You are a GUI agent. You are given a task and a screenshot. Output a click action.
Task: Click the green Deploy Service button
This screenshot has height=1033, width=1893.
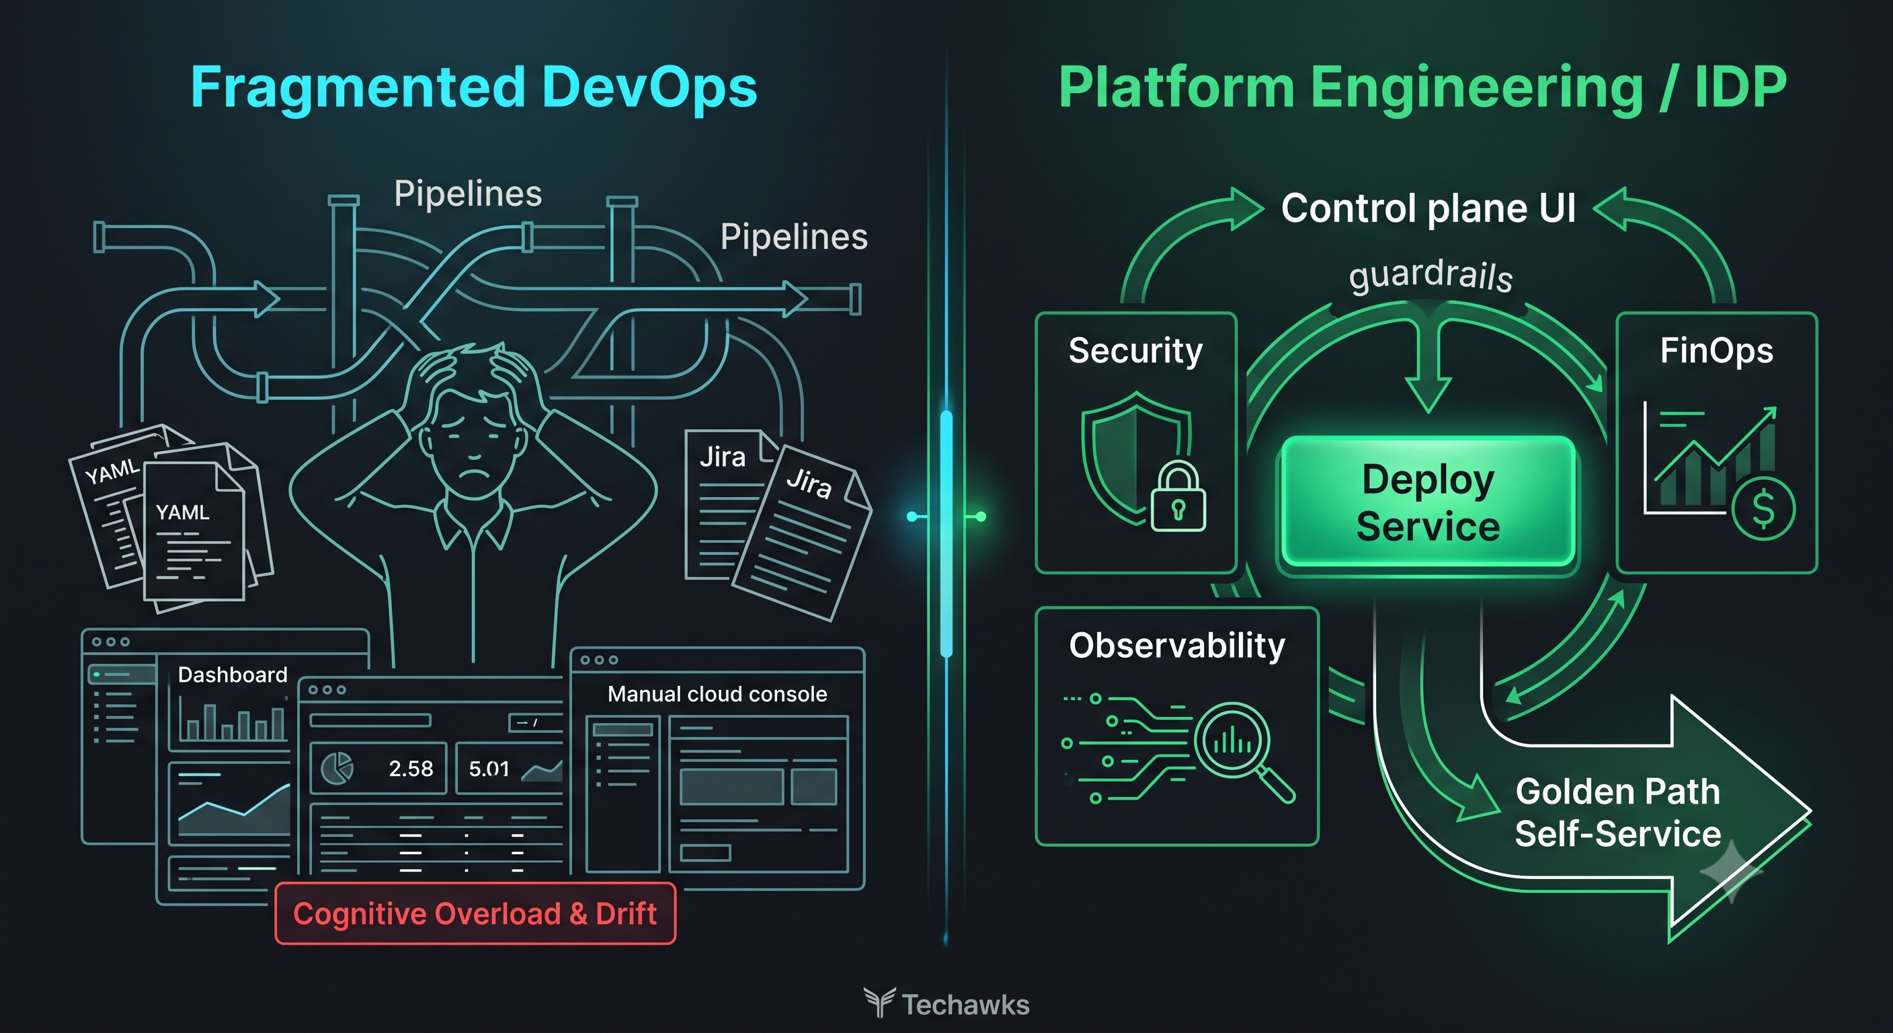(x=1428, y=502)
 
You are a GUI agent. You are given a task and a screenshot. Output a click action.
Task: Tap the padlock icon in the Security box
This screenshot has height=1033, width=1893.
(x=1178, y=497)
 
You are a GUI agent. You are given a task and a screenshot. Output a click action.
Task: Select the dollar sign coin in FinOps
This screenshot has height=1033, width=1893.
(x=1763, y=508)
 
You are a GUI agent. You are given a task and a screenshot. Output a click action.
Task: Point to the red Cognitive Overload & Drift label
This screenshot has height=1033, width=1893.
(x=475, y=913)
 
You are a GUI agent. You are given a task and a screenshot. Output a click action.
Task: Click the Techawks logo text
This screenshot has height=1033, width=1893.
(x=965, y=1004)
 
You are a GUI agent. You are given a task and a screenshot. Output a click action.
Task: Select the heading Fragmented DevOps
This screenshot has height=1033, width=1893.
(x=474, y=87)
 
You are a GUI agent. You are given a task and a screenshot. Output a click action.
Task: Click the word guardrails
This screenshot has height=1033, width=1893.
(x=1431, y=276)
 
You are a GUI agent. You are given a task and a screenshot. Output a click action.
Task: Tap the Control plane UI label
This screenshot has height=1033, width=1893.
(x=1428, y=207)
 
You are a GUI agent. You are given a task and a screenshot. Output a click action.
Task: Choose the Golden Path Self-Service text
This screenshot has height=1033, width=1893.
(x=1618, y=812)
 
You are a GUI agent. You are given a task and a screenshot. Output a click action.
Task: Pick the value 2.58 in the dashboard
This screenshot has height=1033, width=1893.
(x=411, y=768)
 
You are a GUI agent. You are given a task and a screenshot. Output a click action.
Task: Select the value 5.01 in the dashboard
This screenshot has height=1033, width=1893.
(x=489, y=768)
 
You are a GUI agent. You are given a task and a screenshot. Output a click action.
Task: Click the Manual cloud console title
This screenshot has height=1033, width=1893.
(x=717, y=694)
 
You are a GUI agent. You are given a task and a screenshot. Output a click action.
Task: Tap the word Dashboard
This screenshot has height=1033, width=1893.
(x=232, y=675)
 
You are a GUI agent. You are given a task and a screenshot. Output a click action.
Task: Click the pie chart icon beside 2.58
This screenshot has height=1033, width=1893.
(x=337, y=767)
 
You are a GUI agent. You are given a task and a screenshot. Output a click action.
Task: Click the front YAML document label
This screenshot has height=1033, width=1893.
(x=182, y=512)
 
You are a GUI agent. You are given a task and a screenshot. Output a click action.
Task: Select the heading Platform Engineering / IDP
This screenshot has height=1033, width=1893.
(x=1422, y=87)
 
